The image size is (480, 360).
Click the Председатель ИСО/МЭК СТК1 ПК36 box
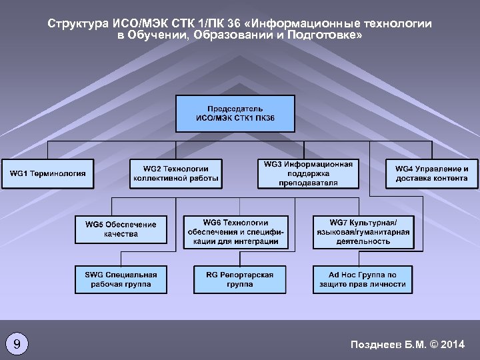(235, 113)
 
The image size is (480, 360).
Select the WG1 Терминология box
(48, 173)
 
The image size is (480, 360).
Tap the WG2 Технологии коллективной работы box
(176, 173)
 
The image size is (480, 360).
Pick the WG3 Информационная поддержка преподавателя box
(308, 173)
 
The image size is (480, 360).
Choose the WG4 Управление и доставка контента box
(431, 173)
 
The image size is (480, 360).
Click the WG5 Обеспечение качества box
(121, 229)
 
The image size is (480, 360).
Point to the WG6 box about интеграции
(236, 232)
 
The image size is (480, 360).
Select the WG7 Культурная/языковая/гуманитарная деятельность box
(363, 232)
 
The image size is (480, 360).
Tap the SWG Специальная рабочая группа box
(121, 279)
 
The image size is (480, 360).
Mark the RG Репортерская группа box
(239, 279)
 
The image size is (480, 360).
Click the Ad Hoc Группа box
(363, 279)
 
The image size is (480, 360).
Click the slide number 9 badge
(17, 344)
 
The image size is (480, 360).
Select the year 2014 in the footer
(453, 344)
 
